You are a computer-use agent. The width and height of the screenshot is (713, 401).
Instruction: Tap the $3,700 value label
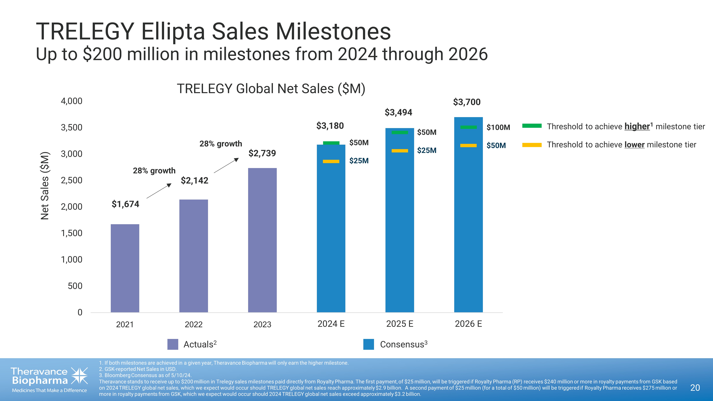(467, 102)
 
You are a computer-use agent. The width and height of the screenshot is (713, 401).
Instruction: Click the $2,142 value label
(194, 180)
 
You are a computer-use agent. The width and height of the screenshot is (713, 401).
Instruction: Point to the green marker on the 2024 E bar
(331, 143)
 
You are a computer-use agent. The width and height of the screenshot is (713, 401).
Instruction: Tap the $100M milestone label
(498, 127)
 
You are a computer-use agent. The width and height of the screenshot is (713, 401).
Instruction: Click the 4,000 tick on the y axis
(71, 101)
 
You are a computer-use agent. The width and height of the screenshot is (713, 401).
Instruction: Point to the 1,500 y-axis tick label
(71, 233)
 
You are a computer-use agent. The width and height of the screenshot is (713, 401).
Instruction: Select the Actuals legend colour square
(173, 344)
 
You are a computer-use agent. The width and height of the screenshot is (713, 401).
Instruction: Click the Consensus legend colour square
(368, 344)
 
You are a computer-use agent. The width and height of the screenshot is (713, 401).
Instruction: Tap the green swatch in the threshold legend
(532, 126)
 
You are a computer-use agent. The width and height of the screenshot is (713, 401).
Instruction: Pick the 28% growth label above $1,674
(154, 171)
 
